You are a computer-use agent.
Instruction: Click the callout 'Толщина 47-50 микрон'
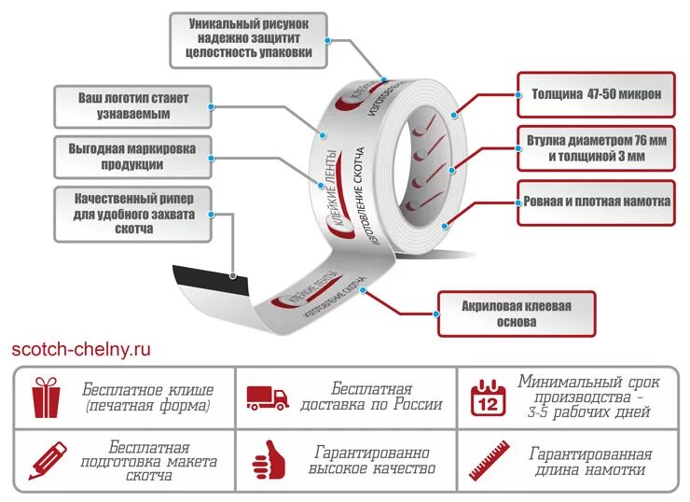596,94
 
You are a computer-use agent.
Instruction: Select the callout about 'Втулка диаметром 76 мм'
596,148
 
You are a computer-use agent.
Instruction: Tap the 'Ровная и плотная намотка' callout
596,202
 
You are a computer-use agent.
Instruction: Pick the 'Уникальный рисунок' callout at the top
248,39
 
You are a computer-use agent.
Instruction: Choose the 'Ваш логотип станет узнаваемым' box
133,105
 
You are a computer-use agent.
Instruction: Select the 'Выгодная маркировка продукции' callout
132,157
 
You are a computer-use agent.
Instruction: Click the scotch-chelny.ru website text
82,350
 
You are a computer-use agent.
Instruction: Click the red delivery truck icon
267,397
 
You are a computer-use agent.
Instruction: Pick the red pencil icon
47,461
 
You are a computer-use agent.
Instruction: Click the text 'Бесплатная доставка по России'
372,397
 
